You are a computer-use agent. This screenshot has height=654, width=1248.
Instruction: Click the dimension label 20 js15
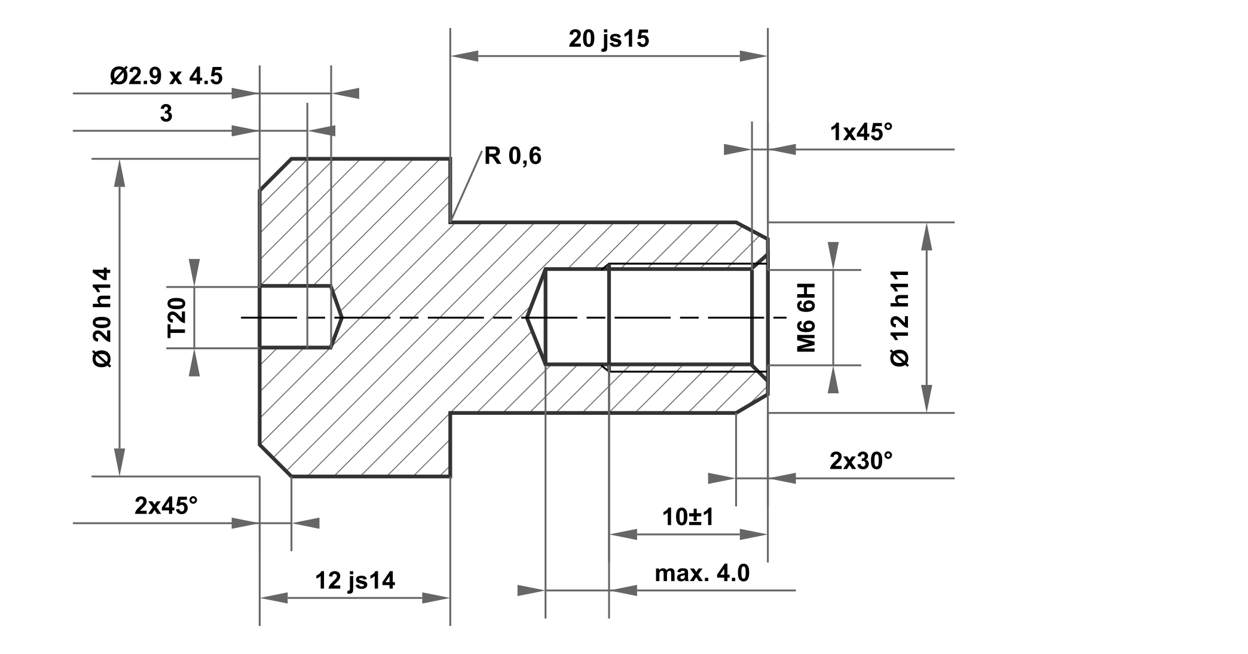[608, 39]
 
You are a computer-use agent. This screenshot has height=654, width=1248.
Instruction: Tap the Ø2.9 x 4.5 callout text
[166, 77]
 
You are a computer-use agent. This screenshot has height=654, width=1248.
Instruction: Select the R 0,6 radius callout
[513, 156]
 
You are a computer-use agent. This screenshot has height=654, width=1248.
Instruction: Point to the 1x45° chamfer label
[861, 132]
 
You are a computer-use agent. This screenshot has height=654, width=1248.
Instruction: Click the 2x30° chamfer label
[861, 461]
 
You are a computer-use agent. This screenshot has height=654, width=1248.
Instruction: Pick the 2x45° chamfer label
[166, 506]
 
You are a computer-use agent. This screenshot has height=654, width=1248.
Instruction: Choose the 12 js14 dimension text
[355, 580]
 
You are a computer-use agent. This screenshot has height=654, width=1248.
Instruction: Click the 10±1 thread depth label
[688, 517]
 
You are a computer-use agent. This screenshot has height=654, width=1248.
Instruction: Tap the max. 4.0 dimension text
[702, 573]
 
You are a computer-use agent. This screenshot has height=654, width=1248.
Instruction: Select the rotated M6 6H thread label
[806, 317]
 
